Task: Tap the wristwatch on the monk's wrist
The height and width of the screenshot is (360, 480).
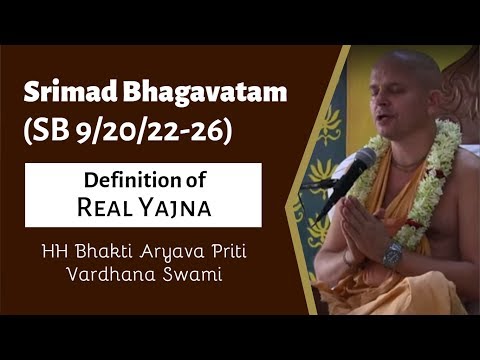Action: point(392,253)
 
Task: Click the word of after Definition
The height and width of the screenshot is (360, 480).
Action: point(187,179)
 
